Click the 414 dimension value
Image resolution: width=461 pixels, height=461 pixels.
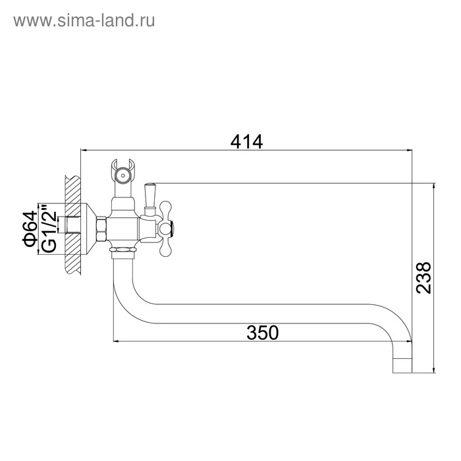point(246,141)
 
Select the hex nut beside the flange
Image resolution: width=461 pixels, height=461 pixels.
point(102,229)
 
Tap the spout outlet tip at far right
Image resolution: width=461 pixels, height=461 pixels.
point(402,364)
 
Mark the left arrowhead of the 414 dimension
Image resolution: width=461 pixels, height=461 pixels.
point(83,151)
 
